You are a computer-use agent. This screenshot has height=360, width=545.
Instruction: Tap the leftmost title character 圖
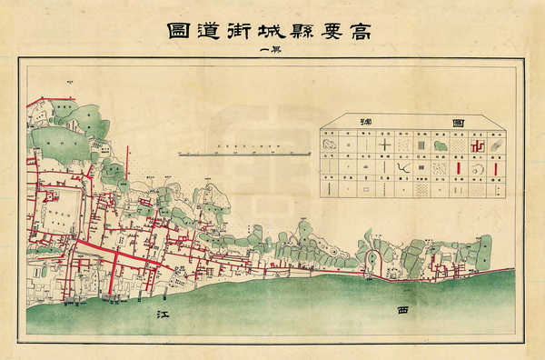(167, 29)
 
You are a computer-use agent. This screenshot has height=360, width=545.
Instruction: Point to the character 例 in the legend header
(366, 120)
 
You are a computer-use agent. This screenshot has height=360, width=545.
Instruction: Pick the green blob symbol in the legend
(438, 144)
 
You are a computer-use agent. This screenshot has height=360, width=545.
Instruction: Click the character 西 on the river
(404, 310)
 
